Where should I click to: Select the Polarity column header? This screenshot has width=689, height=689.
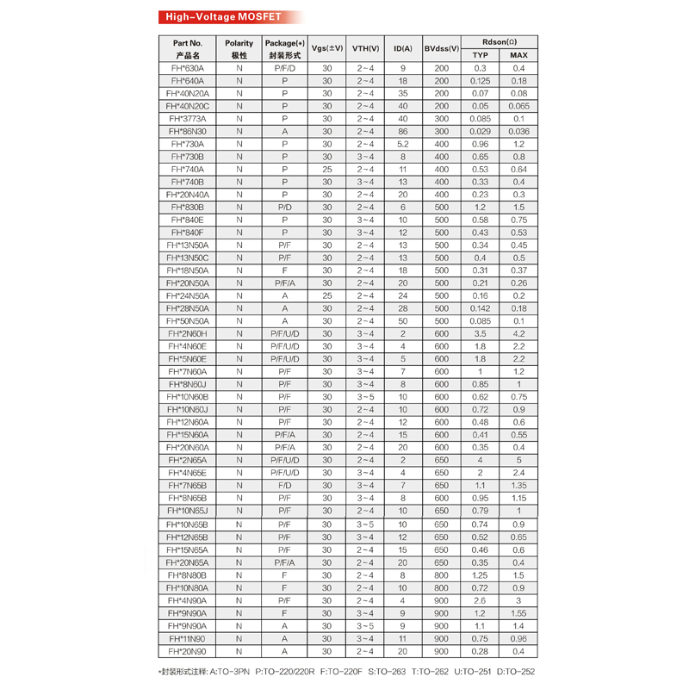(x=239, y=48)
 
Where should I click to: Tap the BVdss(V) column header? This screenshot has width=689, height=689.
(x=442, y=48)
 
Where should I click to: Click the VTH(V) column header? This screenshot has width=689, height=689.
(x=366, y=48)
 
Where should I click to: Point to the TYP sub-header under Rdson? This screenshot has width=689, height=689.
(x=481, y=55)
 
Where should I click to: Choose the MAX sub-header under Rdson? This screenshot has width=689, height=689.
(x=518, y=55)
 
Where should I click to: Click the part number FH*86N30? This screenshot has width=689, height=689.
(x=188, y=132)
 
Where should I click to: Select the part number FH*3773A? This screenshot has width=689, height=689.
(x=188, y=119)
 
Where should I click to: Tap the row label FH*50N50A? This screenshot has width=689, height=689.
(x=188, y=321)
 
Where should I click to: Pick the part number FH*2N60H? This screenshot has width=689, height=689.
(x=188, y=334)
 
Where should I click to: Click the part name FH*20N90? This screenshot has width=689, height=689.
(x=188, y=652)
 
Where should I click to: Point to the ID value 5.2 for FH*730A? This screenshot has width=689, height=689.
(x=402, y=144)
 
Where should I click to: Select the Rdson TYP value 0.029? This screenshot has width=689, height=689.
(x=481, y=132)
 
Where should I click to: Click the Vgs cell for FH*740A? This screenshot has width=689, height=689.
(x=327, y=170)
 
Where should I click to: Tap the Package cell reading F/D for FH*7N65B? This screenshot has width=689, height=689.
(x=284, y=486)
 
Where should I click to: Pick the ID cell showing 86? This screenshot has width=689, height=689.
(x=402, y=132)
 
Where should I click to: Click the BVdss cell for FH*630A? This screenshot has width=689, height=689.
(x=442, y=68)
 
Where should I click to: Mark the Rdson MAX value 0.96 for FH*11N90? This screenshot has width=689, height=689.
(x=518, y=639)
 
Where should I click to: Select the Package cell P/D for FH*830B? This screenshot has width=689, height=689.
(x=284, y=208)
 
